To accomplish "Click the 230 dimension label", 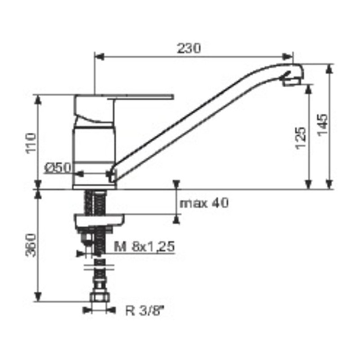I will [x=189, y=48].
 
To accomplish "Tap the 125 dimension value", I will [x=302, y=138].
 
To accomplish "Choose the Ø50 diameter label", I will [x=58, y=167].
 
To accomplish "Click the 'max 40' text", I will [x=204, y=203].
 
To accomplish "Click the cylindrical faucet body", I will [x=94, y=148].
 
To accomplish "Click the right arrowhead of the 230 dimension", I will [x=288, y=57].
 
